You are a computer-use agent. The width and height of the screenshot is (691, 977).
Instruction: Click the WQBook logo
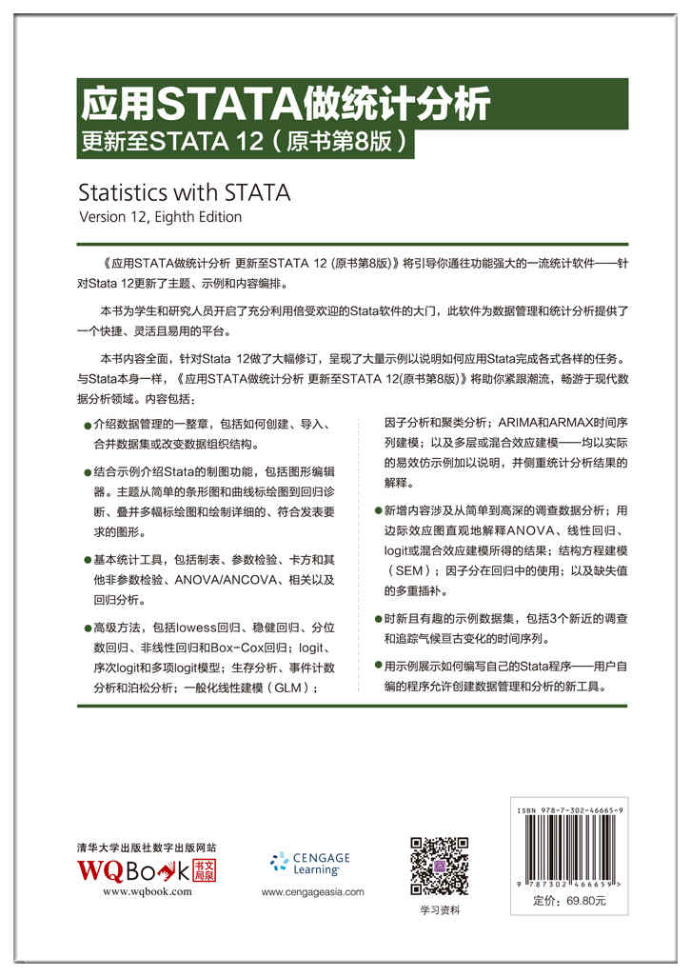(147, 869)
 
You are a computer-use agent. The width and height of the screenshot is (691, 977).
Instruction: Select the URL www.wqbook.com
(147, 892)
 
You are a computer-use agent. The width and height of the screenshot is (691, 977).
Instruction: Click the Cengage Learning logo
(310, 863)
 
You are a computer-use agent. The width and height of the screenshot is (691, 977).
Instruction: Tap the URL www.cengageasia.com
(312, 892)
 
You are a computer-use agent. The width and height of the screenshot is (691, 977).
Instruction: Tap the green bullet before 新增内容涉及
(378, 511)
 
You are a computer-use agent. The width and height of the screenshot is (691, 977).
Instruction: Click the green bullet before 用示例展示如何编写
(378, 667)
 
